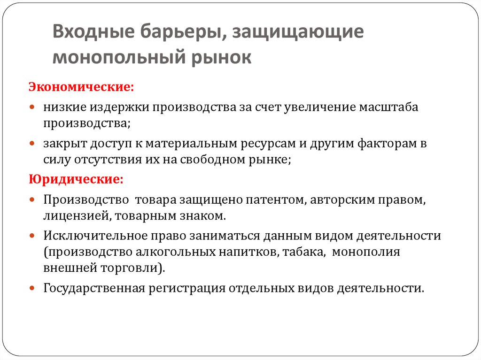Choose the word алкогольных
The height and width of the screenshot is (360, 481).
pyautogui.click(x=179, y=252)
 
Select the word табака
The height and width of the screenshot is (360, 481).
pyautogui.click(x=305, y=252)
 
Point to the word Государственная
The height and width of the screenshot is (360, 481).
pyautogui.click(x=93, y=288)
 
